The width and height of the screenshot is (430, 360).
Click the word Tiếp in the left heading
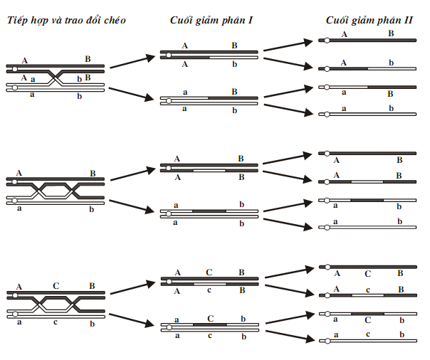(19, 20)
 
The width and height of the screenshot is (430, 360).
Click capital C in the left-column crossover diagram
(56, 286)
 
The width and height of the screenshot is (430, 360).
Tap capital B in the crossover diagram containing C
(92, 286)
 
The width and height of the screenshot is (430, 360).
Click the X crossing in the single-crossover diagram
(58, 78)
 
